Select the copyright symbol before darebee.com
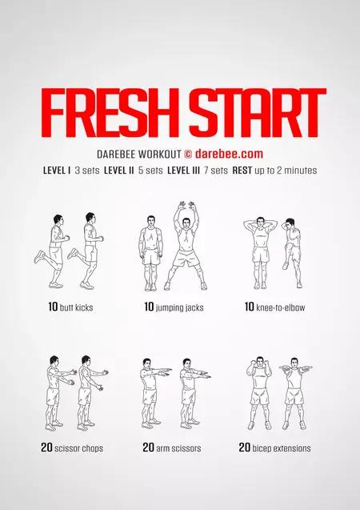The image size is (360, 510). point(189,153)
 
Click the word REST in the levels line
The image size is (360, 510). point(242,171)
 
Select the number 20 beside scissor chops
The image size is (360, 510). point(46,448)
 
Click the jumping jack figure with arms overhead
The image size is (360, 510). point(186,247)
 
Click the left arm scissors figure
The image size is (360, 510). point(150,392)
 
